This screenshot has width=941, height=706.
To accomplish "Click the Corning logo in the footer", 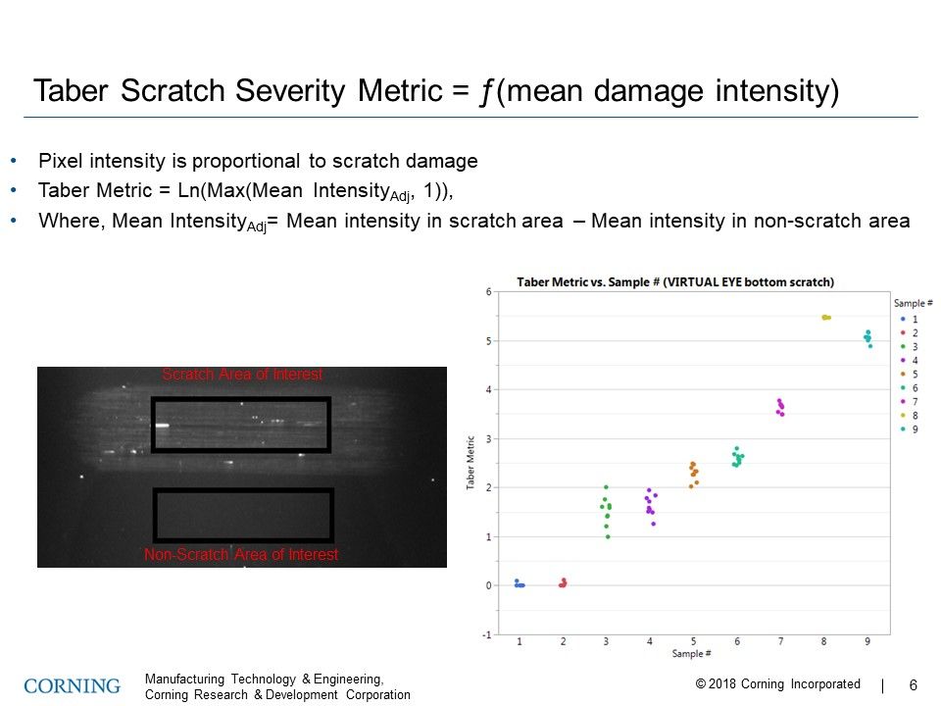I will coord(73,685).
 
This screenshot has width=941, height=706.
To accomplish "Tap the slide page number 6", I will coord(914,685).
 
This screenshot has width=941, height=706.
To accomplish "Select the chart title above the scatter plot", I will coord(675,282).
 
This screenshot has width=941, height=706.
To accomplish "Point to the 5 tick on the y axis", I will coord(488,341).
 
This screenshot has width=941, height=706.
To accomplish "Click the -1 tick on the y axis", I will coord(487,634).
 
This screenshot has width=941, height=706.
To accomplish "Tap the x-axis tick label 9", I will coord(867,641).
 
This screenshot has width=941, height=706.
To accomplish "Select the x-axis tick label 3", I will coord(607,641).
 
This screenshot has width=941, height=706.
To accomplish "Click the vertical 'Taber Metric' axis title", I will coord(472,464).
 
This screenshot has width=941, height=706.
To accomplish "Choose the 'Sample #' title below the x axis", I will coord(692,653).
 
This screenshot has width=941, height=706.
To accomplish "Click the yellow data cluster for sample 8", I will coord(825,318).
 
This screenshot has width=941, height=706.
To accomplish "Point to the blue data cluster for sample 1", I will coord(520,583).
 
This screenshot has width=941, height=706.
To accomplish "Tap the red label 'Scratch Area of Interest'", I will coord(242,375).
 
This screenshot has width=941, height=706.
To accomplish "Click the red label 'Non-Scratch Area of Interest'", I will coord(241,555).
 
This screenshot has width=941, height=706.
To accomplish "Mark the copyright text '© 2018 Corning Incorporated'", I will coord(777,684).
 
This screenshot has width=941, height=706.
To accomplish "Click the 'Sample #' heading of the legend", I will coord(913,304).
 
